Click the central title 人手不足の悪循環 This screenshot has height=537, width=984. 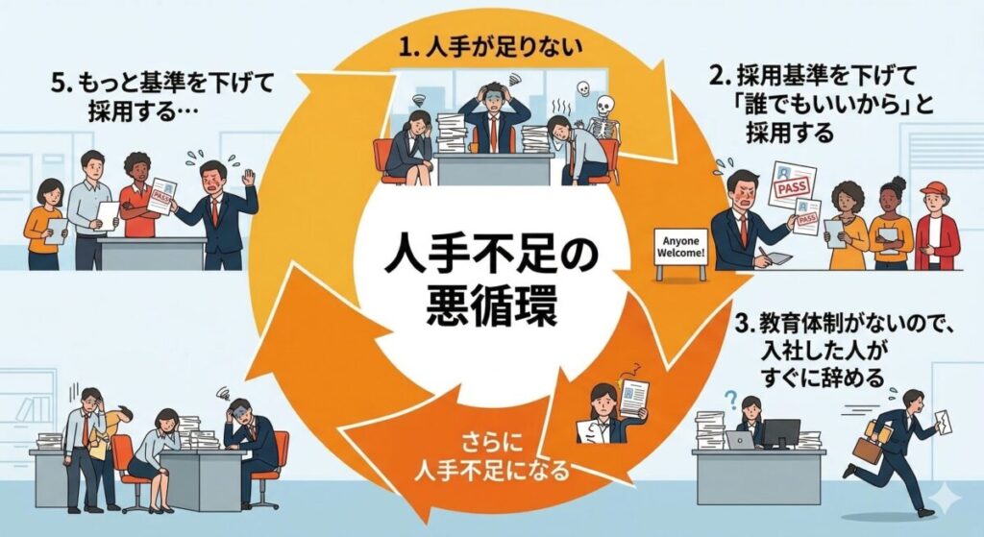pyautogui.click(x=491, y=280)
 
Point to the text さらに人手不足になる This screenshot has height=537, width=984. pyautogui.click(x=491, y=459)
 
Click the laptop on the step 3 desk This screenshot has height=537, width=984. pyautogui.click(x=739, y=440)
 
